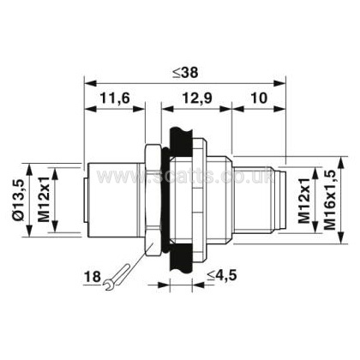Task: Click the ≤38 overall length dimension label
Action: click(x=185, y=73)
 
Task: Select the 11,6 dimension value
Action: click(x=115, y=99)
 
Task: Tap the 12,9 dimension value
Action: click(x=197, y=99)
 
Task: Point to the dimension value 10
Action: click(x=259, y=98)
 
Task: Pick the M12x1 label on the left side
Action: click(x=44, y=200)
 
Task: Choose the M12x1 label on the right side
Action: click(x=304, y=201)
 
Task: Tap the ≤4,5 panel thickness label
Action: click(x=222, y=275)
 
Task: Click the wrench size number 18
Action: click(x=93, y=277)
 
